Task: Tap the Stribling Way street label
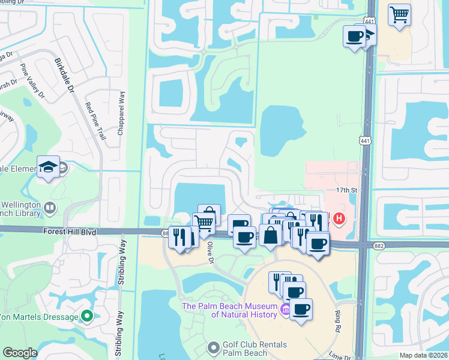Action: click(122, 262)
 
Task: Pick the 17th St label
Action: click(346, 190)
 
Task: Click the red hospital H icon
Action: click(339, 219)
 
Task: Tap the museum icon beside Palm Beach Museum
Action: click(286, 310)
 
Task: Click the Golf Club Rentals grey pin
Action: click(213, 348)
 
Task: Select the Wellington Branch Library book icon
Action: click(50, 208)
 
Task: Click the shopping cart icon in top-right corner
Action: click(399, 14)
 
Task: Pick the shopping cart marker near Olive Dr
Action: click(203, 223)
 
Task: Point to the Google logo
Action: click(20, 353)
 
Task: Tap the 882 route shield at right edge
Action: click(441, 245)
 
